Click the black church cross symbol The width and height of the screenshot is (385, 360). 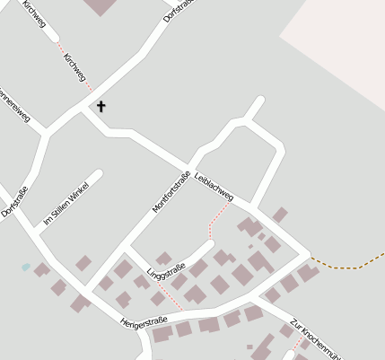[x=101, y=107]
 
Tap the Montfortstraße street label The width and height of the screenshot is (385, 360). [x=171, y=192]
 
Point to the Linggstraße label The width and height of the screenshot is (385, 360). [x=166, y=269]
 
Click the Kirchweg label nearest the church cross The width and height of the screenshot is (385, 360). [x=75, y=72]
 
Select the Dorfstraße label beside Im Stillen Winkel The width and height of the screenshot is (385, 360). [x=14, y=201]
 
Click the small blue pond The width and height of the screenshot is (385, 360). [x=26, y=267]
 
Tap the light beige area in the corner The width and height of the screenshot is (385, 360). [x=341, y=36]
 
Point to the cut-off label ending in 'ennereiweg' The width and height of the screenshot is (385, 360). [x=15, y=102]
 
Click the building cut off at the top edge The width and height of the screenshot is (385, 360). [x=101, y=6]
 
